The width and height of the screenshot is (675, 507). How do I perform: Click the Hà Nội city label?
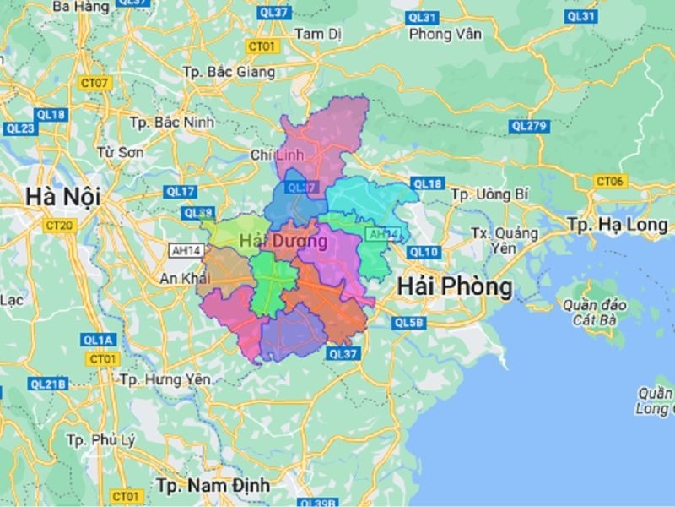(x=62, y=197)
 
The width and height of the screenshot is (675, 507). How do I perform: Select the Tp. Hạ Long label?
(x=618, y=225)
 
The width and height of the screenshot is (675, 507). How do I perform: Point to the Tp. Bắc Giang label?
(x=229, y=72)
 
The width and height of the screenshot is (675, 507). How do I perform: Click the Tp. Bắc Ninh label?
(x=172, y=122)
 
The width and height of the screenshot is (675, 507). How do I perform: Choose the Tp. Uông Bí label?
(x=489, y=194)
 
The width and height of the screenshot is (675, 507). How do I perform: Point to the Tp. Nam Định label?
(x=213, y=485)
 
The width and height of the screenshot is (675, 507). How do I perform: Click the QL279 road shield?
(x=529, y=126)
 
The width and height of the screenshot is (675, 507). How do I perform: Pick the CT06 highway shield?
(x=609, y=181)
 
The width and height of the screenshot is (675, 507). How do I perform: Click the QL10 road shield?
(x=424, y=252)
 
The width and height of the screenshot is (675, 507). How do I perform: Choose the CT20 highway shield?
(x=59, y=226)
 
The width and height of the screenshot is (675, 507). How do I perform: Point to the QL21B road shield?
(x=48, y=384)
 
